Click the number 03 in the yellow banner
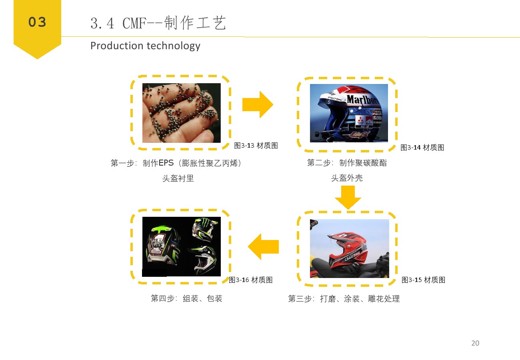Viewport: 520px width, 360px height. click(x=37, y=22)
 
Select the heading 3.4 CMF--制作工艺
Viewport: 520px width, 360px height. click(x=158, y=23)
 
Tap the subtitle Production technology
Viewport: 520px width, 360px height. click(x=145, y=46)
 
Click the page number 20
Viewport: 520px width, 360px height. click(x=475, y=343)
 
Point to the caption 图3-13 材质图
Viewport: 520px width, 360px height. click(x=256, y=146)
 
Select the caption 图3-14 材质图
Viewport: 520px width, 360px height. click(x=422, y=147)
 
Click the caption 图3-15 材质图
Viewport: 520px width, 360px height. click(x=424, y=280)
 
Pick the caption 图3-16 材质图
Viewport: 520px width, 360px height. click(x=251, y=280)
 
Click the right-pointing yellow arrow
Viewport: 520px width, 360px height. click(x=258, y=104)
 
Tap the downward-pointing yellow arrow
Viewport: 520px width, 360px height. click(x=348, y=198)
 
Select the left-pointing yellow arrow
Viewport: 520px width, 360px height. click(x=263, y=246)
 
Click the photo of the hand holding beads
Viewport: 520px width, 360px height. click(x=182, y=113)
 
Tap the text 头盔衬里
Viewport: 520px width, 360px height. click(x=178, y=178)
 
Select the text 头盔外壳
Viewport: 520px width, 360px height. click(x=347, y=178)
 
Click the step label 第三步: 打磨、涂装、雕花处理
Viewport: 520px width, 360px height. click(x=344, y=298)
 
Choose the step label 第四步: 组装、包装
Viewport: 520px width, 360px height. click(x=186, y=298)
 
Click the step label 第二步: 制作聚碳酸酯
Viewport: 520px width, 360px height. click(x=347, y=163)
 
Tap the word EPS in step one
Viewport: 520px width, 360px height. click(x=166, y=163)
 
